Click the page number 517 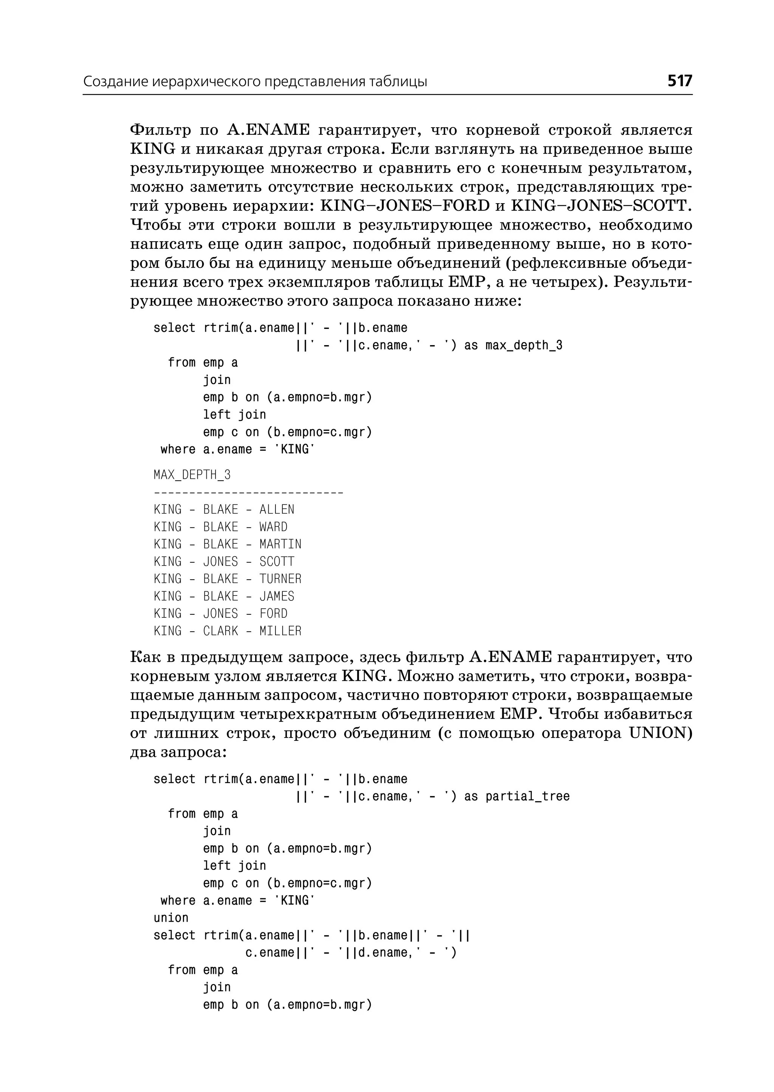(x=679, y=81)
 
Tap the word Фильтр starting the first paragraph (x=158, y=130)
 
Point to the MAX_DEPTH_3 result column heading (x=192, y=475)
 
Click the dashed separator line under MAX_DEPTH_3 (x=248, y=492)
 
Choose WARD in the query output (x=273, y=527)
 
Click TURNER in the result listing (x=280, y=579)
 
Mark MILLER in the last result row (x=280, y=631)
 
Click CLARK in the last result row (x=220, y=631)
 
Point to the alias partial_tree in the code (x=527, y=796)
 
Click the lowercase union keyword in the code (x=170, y=918)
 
